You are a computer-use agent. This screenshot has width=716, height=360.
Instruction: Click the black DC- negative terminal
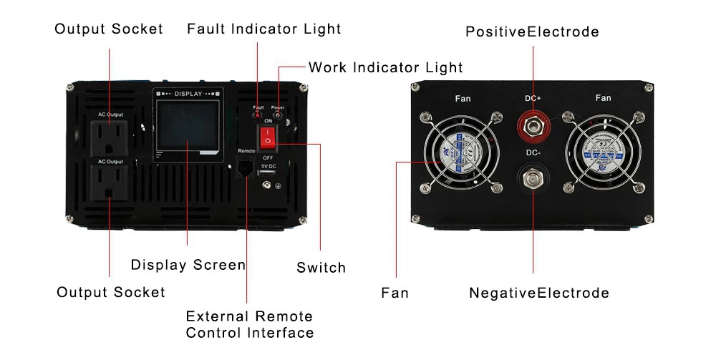[x=533, y=177]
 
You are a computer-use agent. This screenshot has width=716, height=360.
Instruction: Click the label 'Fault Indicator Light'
[x=263, y=29]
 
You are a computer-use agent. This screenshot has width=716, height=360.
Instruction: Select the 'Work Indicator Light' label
[x=385, y=68]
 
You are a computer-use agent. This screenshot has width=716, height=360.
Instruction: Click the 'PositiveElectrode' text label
[x=532, y=32]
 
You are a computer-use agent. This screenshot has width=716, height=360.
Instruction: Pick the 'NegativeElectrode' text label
[x=539, y=293]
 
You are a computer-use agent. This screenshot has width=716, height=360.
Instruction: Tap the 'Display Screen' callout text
[x=188, y=265]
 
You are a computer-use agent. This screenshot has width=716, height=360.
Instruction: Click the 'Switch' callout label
[x=321, y=268]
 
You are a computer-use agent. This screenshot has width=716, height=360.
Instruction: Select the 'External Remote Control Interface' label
[x=249, y=324]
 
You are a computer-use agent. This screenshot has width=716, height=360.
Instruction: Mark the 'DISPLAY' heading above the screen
[x=188, y=94]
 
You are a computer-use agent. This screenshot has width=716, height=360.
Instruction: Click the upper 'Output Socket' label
[x=109, y=29]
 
